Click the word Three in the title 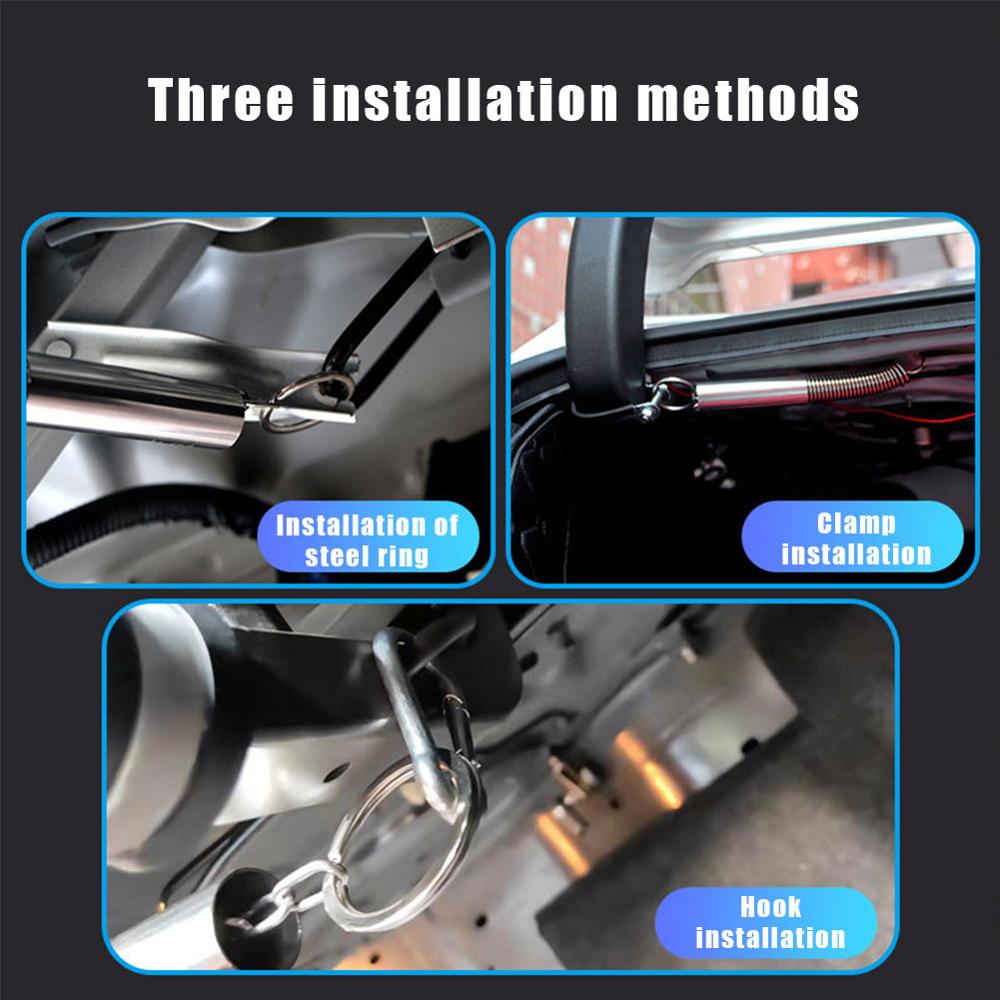(x=222, y=99)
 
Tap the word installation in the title (x=461, y=99)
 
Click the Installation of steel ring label (x=367, y=539)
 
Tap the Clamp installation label (x=856, y=537)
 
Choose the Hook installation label (x=770, y=922)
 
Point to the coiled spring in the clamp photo (x=855, y=381)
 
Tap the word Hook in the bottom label (x=770, y=907)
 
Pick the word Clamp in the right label (x=856, y=522)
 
